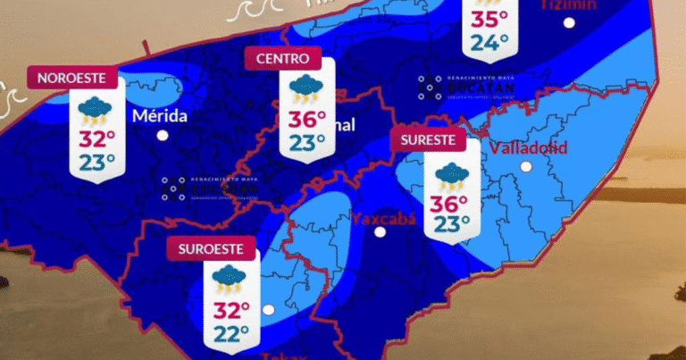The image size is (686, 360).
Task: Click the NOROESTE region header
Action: (x=72, y=78)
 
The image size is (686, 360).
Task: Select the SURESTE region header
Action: (x=429, y=139)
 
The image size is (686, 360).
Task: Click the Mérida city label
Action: (x=160, y=116)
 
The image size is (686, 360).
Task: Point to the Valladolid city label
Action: (x=528, y=147)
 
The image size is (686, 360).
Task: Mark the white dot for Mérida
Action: (x=163, y=136)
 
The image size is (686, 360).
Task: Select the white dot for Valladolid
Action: (x=526, y=166)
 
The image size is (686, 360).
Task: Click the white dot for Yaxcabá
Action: (x=381, y=232)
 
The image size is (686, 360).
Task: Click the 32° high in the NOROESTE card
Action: (x=97, y=139)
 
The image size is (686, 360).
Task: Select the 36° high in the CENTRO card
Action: (x=307, y=120)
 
